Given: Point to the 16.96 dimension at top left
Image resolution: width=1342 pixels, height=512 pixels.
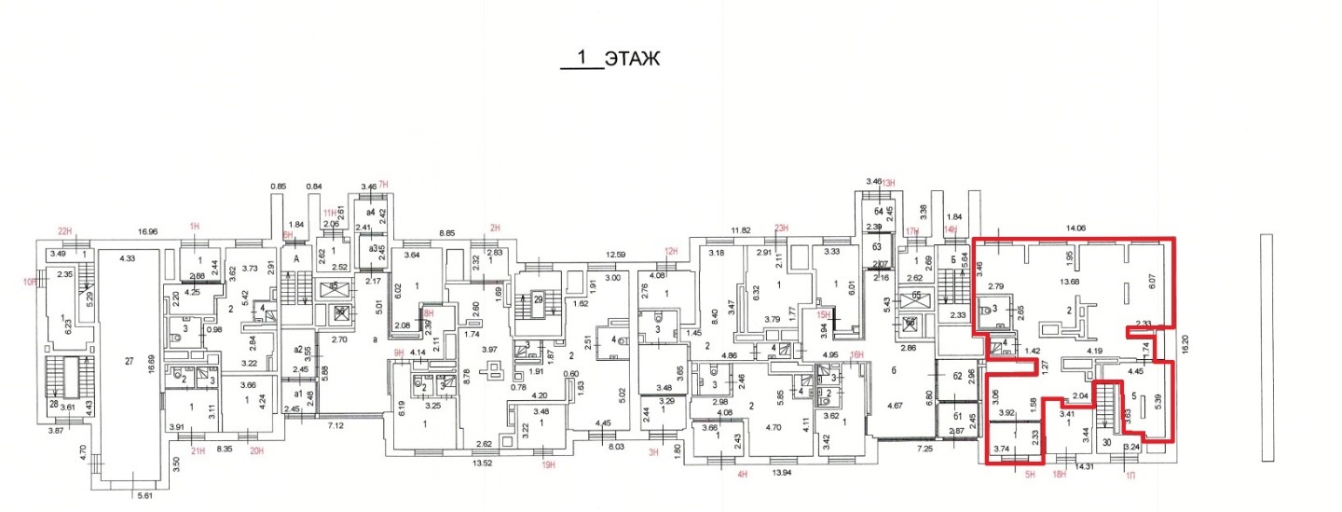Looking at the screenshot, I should tap(148, 232).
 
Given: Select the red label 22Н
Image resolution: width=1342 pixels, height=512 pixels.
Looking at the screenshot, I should tap(65, 231).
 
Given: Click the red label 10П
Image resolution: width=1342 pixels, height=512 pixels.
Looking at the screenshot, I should tap(30, 281).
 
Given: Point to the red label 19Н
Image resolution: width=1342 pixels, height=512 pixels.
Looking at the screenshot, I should tap(549, 464).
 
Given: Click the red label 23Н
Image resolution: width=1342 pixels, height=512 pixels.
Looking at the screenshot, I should tap(782, 228).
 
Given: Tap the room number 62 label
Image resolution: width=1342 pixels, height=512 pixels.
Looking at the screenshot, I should tap(957, 376).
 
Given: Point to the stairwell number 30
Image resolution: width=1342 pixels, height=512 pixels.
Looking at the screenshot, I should tap(1105, 443).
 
